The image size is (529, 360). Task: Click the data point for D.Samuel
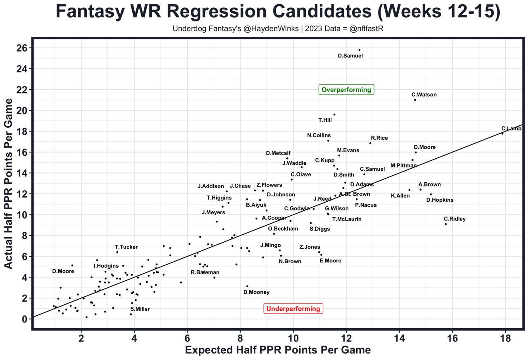(x=359, y=50)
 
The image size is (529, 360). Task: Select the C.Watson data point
(x=415, y=100)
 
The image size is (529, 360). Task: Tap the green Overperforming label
(x=346, y=90)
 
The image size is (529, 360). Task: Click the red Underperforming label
(x=293, y=308)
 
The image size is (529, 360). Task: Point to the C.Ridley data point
(x=446, y=224)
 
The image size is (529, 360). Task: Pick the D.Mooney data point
(x=247, y=286)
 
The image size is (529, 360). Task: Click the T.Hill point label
(x=325, y=120)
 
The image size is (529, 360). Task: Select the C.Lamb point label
(x=511, y=129)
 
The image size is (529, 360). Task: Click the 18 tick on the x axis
(x=505, y=337)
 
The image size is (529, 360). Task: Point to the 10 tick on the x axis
(x=293, y=337)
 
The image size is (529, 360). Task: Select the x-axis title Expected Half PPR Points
(x=277, y=350)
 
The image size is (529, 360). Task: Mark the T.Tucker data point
(x=117, y=252)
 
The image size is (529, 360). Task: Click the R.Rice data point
(x=370, y=143)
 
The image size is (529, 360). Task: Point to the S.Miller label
(x=140, y=309)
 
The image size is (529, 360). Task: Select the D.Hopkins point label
(x=440, y=200)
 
